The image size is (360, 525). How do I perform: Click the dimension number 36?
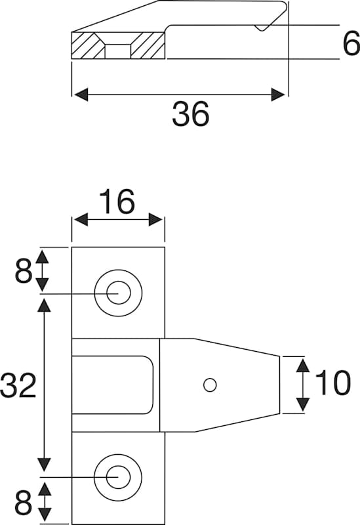tap(191, 114)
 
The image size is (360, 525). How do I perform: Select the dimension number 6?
tap(351, 44)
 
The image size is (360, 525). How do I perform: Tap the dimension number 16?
tap(117, 201)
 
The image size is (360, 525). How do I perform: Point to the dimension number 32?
tap(18, 385)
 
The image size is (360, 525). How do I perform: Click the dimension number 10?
tap(333, 383)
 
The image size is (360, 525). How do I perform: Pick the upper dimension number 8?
tap(24, 271)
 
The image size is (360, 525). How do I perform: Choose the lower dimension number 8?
tap(24, 503)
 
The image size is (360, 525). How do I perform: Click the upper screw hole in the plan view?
tap(118, 293)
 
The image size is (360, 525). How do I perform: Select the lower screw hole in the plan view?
tap(118, 477)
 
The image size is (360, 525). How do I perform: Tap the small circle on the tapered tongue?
tap(210, 385)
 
